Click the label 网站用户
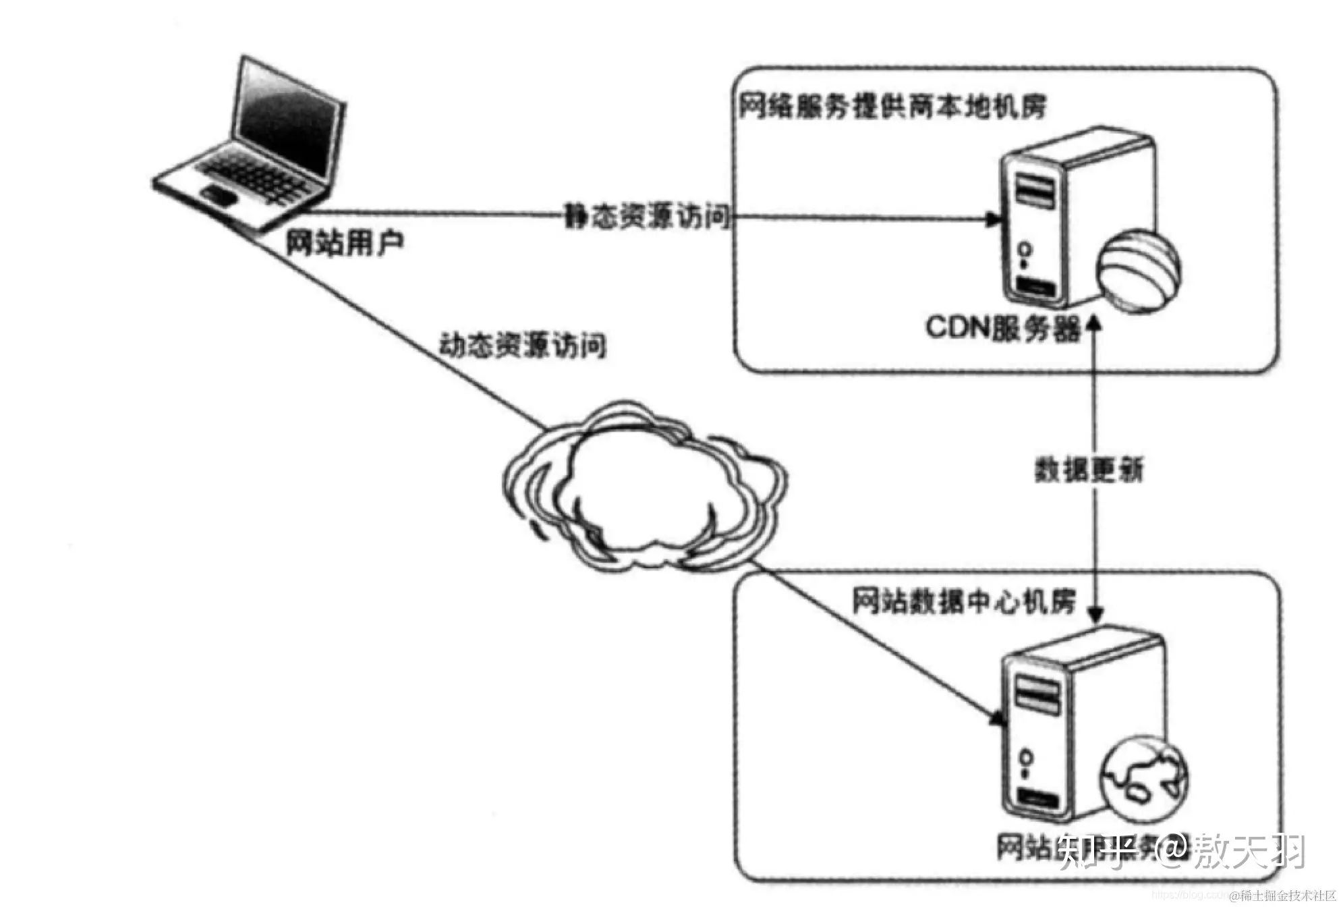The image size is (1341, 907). pyautogui.click(x=344, y=242)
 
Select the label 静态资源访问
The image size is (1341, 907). pyautogui.click(x=647, y=217)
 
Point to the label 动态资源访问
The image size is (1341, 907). pyautogui.click(x=522, y=346)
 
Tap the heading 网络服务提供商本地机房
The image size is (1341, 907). pyautogui.click(x=892, y=107)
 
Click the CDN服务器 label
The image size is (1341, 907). pyautogui.click(x=1002, y=329)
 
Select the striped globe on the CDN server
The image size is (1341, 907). pyautogui.click(x=1138, y=270)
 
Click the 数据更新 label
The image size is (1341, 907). pyautogui.click(x=1089, y=470)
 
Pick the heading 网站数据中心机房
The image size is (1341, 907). pyautogui.click(x=963, y=601)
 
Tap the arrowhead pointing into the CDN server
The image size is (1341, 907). pyautogui.click(x=992, y=219)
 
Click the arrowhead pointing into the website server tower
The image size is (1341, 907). pyautogui.click(x=994, y=718)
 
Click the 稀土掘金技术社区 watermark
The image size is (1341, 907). pyautogui.click(x=1286, y=896)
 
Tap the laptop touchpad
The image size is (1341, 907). pyautogui.click(x=219, y=196)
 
